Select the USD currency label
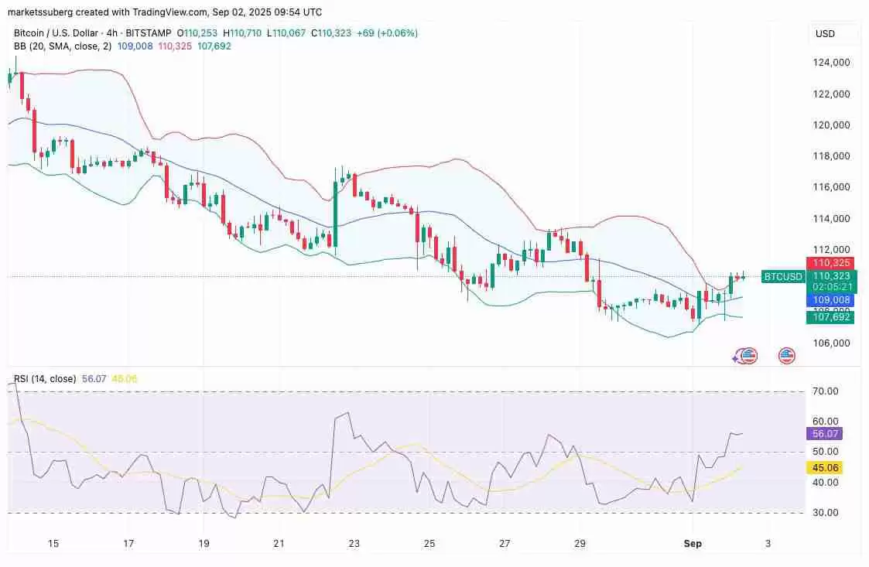[825, 34]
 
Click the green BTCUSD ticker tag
[782, 276]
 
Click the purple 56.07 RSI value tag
[823, 434]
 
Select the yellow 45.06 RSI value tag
[823, 467]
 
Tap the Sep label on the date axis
[693, 544]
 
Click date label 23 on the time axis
[354, 544]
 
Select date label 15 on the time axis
[53, 544]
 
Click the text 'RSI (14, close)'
[45, 379]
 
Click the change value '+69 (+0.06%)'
[387, 33]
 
